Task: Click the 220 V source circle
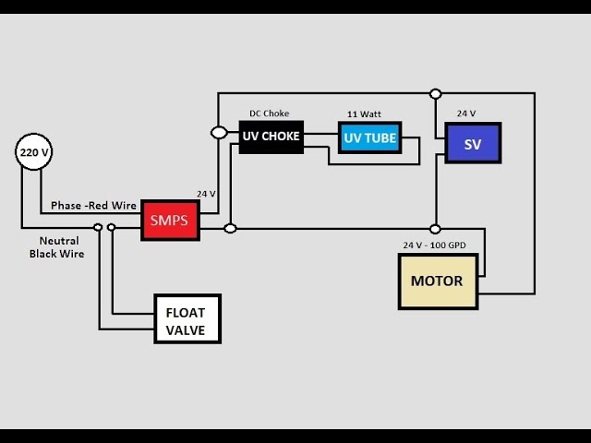click(33, 152)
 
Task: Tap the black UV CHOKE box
click(271, 137)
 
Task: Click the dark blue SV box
click(473, 143)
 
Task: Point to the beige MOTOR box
click(438, 281)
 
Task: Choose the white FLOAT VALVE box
click(187, 319)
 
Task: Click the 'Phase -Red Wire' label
click(94, 205)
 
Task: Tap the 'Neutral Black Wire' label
click(56, 246)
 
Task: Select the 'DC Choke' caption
click(270, 114)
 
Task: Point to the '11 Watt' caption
click(364, 114)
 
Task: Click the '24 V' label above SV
click(466, 114)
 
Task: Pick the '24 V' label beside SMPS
click(206, 194)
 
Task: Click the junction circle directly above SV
click(436, 93)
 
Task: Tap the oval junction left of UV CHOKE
click(220, 133)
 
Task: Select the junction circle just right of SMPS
click(231, 228)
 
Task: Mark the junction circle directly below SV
click(435, 228)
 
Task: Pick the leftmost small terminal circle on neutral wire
click(98, 227)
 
